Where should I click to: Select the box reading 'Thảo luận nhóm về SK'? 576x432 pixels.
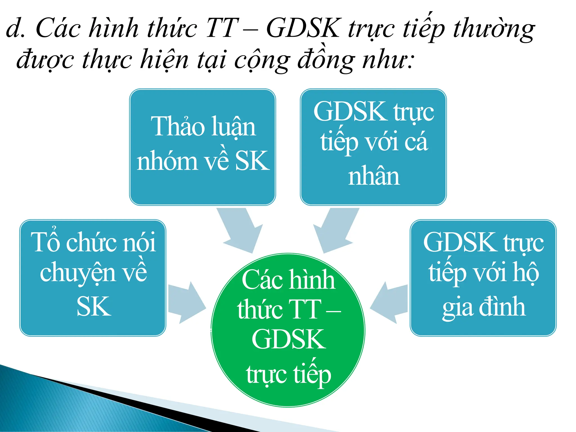[x=202, y=147]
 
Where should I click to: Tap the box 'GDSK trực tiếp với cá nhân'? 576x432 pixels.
[x=373, y=147]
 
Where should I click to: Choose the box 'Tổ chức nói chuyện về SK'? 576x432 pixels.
[x=93, y=278]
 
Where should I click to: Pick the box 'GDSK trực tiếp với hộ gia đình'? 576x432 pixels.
[x=483, y=278]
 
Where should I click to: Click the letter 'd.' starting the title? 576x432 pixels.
[x=15, y=28]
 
